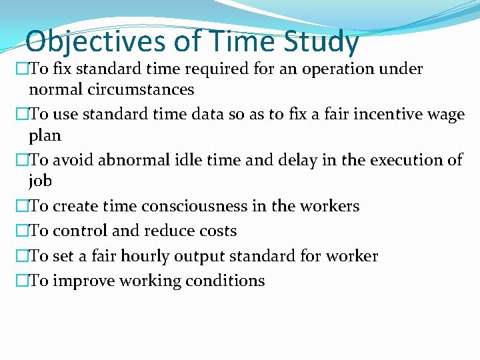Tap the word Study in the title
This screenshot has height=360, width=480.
(321, 41)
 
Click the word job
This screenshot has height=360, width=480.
(40, 181)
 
